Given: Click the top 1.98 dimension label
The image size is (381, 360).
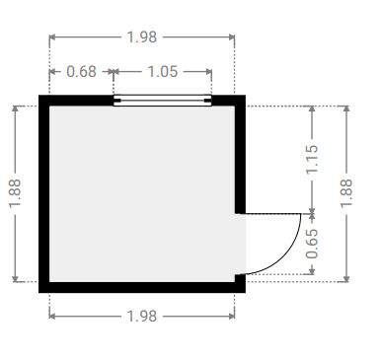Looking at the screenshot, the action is [x=142, y=37].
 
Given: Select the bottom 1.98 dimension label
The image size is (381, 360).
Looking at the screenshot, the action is [x=142, y=317].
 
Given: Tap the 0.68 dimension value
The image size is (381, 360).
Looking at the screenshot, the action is [x=81, y=72].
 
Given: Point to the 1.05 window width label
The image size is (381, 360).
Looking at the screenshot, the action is [x=163, y=72].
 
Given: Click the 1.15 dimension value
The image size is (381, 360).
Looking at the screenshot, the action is [x=312, y=159].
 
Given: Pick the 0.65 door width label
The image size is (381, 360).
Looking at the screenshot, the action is [x=312, y=244].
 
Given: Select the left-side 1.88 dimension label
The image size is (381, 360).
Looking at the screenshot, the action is [x=15, y=193].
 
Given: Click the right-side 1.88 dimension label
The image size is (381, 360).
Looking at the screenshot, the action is [x=346, y=193].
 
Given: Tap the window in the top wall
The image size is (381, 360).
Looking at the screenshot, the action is [x=163, y=101].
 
